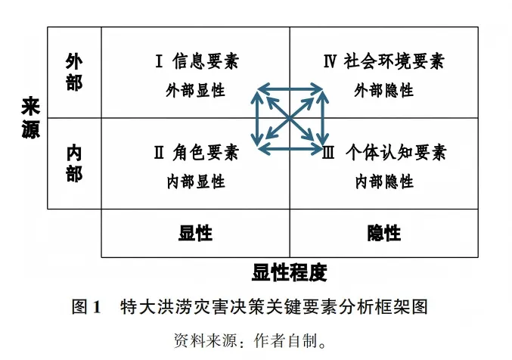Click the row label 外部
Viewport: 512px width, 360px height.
tap(74, 72)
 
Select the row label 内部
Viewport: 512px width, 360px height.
tap(74, 163)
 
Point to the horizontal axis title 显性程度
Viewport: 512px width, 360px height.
tap(290, 272)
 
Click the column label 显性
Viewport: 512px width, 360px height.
tap(195, 233)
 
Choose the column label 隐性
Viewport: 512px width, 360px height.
tap(383, 233)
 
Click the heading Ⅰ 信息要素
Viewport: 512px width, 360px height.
tap(196, 61)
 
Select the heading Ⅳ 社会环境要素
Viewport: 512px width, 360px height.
tap(383, 61)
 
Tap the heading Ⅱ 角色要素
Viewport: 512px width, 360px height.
tap(196, 153)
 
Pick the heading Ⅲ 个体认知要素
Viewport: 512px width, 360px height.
tap(384, 153)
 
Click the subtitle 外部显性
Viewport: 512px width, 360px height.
tap(196, 90)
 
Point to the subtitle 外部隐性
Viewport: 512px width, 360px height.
tap(383, 90)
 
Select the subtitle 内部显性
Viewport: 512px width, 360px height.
tap(196, 182)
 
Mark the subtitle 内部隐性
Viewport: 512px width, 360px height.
tap(383, 182)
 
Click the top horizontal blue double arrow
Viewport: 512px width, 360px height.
tap(290, 91)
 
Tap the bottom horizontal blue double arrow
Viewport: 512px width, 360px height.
tap(290, 146)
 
